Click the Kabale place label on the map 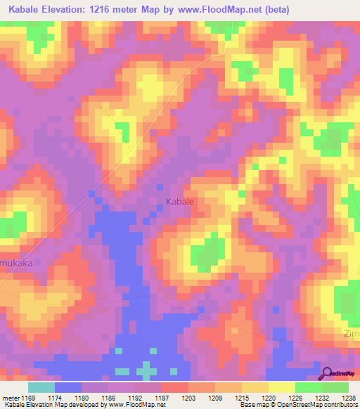click(x=179, y=202)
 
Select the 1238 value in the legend click(x=348, y=397)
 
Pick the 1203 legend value click(x=188, y=397)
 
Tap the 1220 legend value click(x=269, y=397)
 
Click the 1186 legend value click(x=109, y=397)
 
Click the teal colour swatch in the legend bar click(x=41, y=387)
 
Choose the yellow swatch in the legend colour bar click(x=281, y=387)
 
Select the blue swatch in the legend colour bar click(x=68, y=387)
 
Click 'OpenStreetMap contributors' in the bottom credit click(x=321, y=405)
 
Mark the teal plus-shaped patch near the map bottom click(x=146, y=370)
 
